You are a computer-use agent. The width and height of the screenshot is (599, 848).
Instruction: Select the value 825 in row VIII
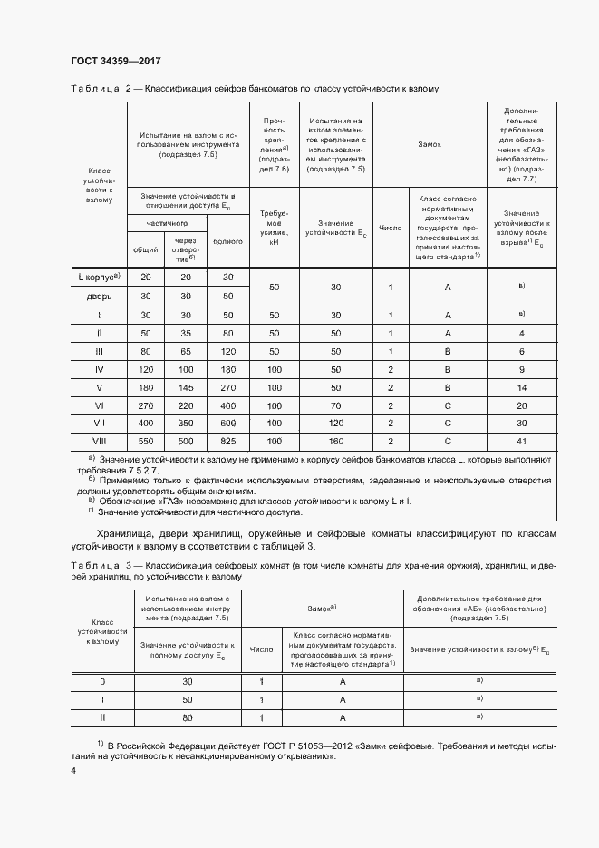(x=227, y=440)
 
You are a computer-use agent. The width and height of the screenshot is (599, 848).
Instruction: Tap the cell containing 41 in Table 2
(x=522, y=440)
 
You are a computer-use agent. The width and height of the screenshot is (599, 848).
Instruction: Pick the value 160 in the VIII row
(x=335, y=440)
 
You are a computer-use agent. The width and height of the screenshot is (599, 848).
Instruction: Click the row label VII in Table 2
(x=100, y=423)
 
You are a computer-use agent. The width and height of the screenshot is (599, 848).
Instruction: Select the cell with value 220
(x=187, y=406)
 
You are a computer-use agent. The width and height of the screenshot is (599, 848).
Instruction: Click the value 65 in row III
(x=187, y=350)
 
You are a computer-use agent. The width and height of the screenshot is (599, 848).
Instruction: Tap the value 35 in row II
(x=187, y=333)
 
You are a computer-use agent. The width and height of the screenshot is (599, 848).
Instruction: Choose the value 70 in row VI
(x=335, y=406)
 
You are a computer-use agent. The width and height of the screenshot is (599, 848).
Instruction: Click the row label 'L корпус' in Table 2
(x=100, y=277)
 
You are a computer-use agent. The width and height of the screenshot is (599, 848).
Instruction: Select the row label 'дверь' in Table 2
(x=100, y=296)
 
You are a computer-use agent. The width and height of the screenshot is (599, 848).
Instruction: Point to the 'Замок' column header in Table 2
(x=430, y=144)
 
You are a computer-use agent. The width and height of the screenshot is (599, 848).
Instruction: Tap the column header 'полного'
(x=227, y=241)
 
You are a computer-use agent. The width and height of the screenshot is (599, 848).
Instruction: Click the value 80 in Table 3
(x=188, y=717)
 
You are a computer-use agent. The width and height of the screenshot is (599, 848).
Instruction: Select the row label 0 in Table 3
(x=101, y=681)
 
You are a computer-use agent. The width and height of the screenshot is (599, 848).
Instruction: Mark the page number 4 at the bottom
(x=73, y=771)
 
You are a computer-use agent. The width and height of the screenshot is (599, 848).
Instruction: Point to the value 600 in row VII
(x=227, y=423)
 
